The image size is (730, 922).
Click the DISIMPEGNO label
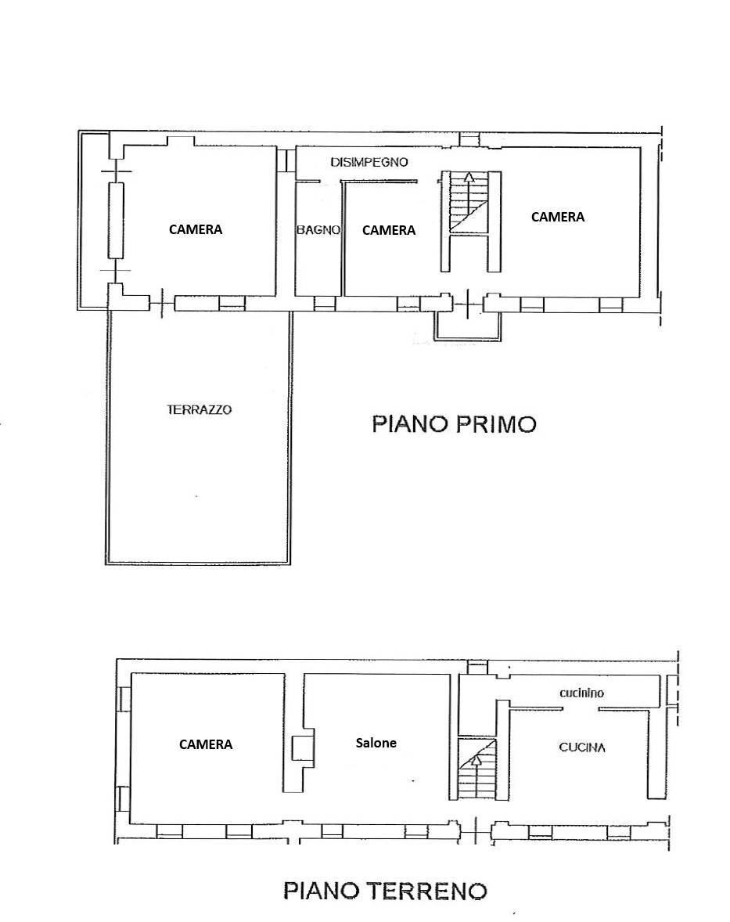(x=369, y=163)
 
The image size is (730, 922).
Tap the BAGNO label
(x=318, y=230)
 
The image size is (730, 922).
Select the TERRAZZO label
(x=200, y=409)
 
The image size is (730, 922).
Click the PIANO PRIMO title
(x=454, y=424)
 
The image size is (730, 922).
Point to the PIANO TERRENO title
(x=385, y=890)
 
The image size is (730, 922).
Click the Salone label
(x=376, y=743)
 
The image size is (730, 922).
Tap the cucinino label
(x=581, y=693)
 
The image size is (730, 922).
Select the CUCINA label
(x=582, y=747)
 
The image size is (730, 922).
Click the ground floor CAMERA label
(x=206, y=744)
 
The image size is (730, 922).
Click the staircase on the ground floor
(x=476, y=770)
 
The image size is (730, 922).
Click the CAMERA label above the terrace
(x=196, y=229)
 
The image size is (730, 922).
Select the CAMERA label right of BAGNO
(x=389, y=230)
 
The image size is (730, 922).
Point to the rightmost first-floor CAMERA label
(x=558, y=217)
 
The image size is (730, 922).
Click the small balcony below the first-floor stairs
(x=467, y=324)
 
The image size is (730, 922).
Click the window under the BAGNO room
(x=325, y=304)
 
